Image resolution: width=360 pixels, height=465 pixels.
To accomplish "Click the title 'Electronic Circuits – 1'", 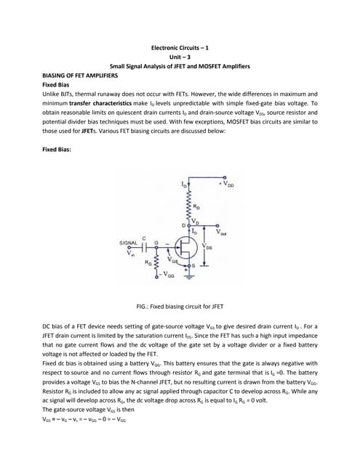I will pos(180,47).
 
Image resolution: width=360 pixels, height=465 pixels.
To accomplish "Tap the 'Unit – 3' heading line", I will pos(180,57).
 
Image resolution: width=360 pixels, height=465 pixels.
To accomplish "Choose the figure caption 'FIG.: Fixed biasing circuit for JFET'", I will pos(180,308).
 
